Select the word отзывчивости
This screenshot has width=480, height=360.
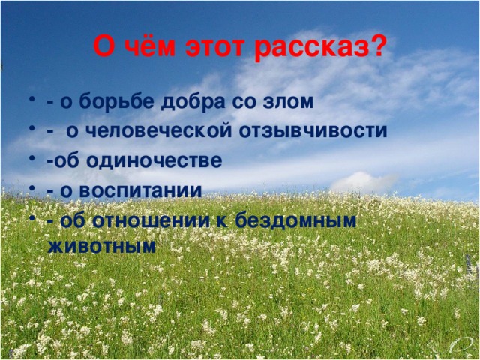323,131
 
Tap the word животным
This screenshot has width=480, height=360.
101,245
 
